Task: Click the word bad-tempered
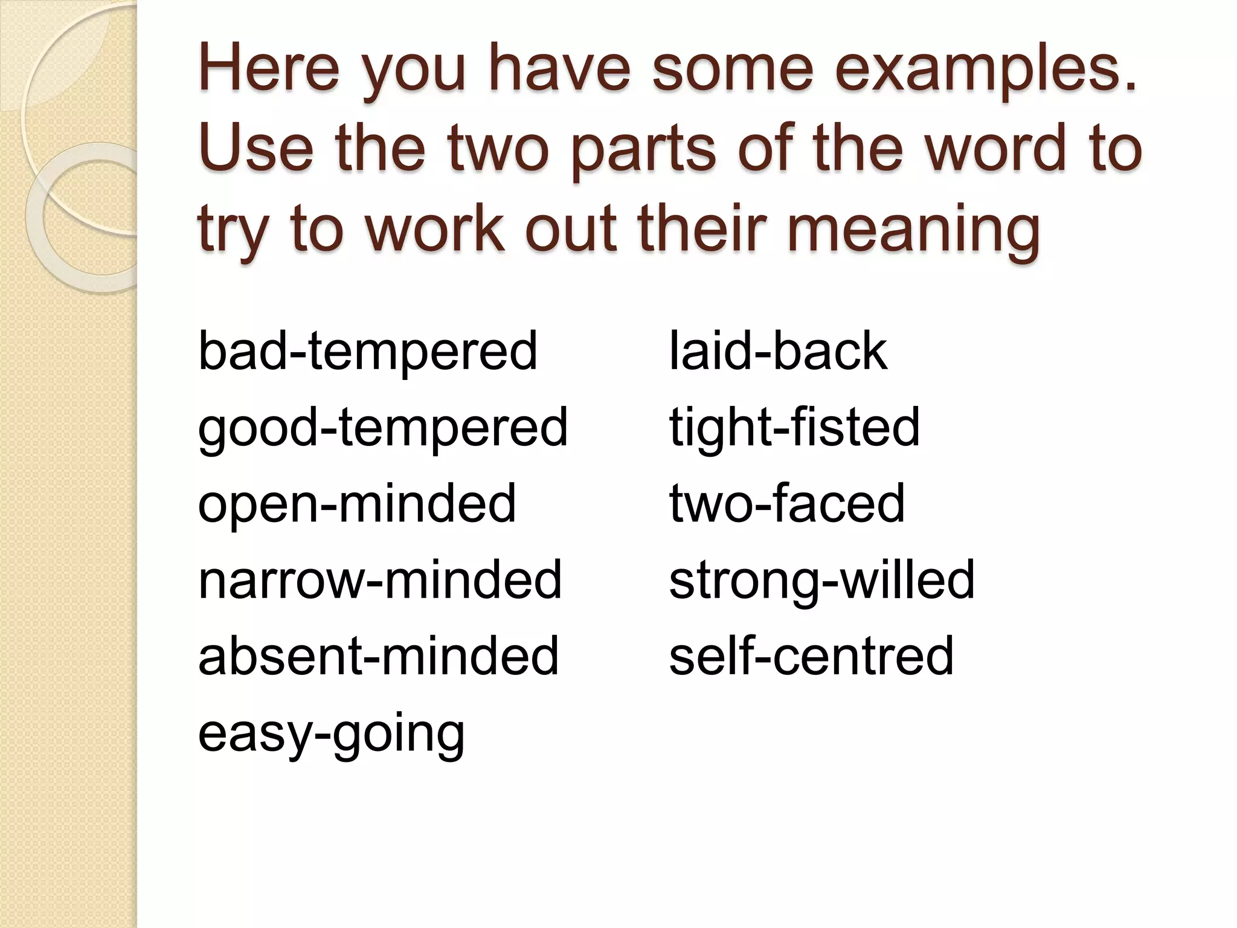coord(367,352)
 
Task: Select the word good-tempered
coord(382,428)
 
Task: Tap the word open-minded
coord(356,504)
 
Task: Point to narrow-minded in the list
coord(380,580)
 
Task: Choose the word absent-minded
coord(378,656)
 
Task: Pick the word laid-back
coord(778,352)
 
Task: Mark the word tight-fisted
coord(794,428)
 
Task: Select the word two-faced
coord(786,504)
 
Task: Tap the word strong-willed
coord(821,580)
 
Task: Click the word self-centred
coord(811,656)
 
